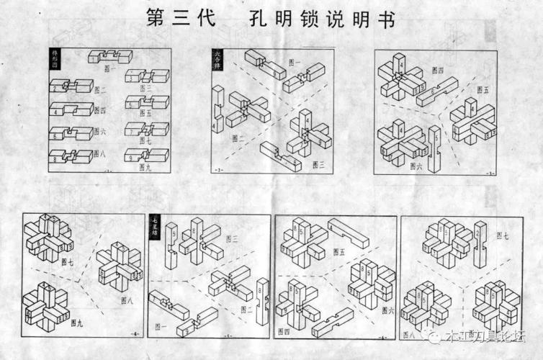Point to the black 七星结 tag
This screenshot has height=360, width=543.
155,228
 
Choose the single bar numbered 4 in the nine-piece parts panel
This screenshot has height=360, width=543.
71,110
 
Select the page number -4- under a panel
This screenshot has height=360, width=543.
134,334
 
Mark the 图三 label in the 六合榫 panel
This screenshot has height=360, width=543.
319,164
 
